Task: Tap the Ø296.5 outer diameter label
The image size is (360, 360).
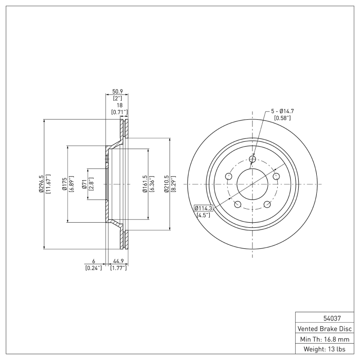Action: click(41, 184)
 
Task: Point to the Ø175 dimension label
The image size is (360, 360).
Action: click(65, 184)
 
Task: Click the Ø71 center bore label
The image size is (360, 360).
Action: click(85, 184)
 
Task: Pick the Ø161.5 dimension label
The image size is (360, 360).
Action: click(145, 184)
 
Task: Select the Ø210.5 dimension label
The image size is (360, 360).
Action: click(167, 184)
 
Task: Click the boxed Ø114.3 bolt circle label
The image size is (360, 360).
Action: click(203, 208)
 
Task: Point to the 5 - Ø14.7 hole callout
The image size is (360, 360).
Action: click(282, 111)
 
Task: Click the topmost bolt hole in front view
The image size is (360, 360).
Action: click(252, 159)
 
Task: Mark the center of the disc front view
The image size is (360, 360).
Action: click(252, 184)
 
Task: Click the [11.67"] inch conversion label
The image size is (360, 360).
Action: click(48, 184)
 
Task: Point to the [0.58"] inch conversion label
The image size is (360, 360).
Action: click(282, 118)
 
